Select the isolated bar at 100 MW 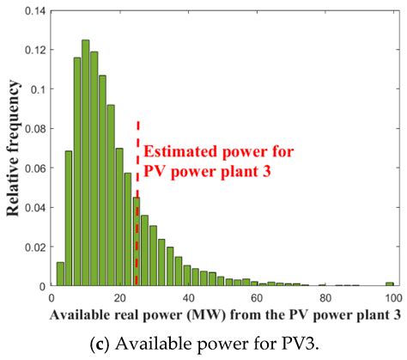tap(390, 283)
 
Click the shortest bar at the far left tap(60, 274)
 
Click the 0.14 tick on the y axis tap(34, 10)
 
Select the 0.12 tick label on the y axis tap(34, 50)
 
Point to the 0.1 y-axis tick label tap(38, 89)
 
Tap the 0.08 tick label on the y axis tap(34, 128)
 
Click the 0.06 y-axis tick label tap(34, 168)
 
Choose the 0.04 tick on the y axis tap(34, 207)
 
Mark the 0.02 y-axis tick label tap(34, 247)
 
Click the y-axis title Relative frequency tap(13, 146)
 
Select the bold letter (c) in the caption tap(143, 342)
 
